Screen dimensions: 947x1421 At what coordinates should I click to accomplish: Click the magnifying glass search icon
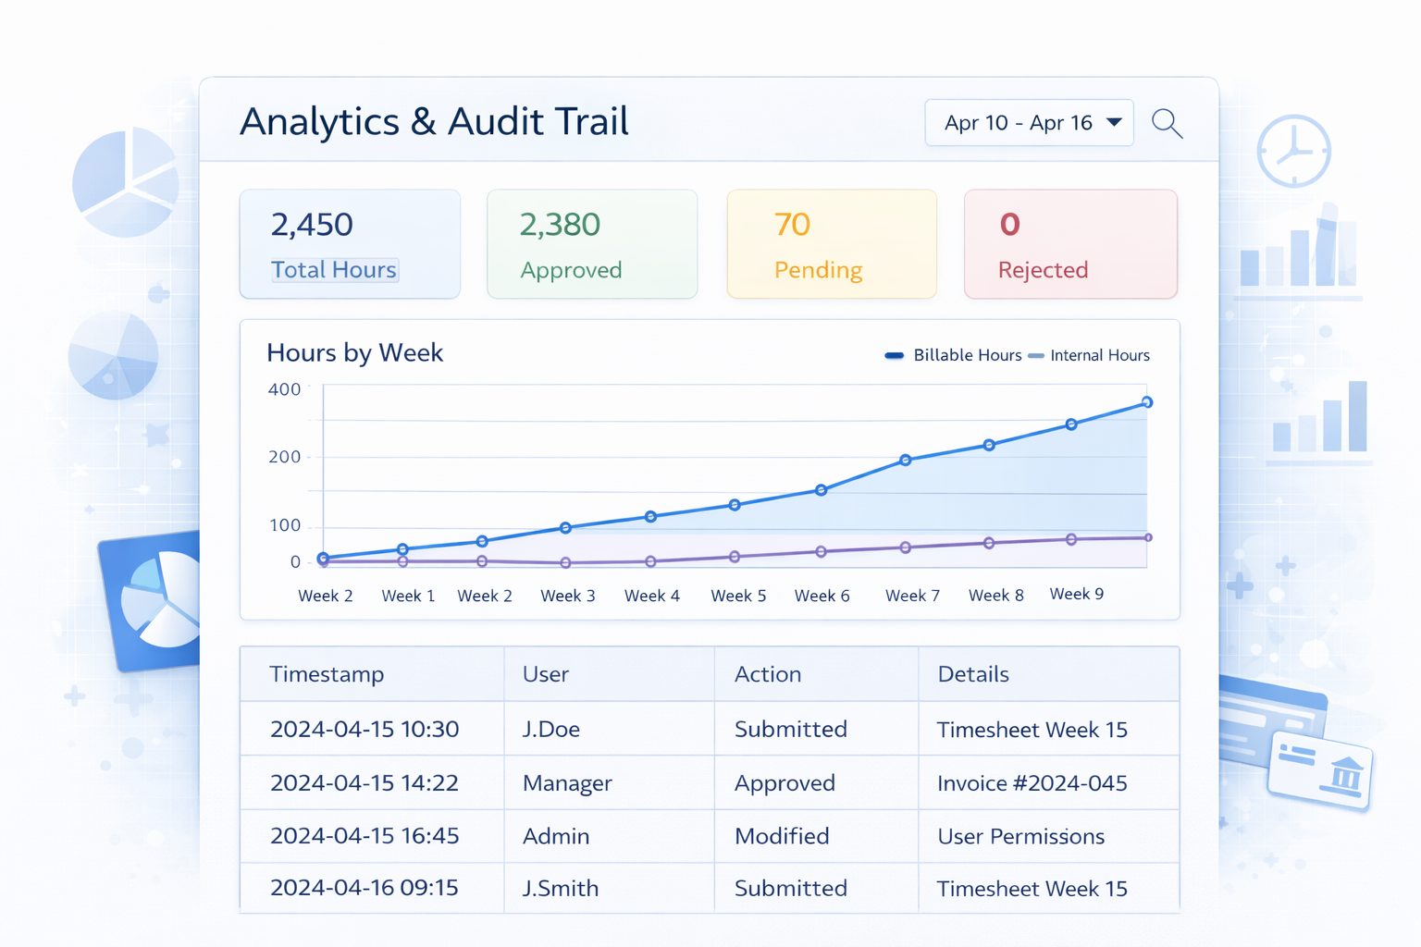click(1167, 123)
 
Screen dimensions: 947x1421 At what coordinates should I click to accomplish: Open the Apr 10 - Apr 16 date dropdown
click(1029, 123)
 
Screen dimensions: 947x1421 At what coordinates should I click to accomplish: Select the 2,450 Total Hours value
click(312, 225)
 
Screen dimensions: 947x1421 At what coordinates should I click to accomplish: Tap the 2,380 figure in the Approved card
click(560, 225)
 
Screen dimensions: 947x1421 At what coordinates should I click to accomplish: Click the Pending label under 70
click(818, 270)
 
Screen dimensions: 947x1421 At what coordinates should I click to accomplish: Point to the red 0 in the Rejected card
click(1009, 225)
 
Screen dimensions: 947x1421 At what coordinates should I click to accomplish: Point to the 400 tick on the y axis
click(284, 389)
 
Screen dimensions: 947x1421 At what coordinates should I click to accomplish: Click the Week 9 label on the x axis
click(1076, 594)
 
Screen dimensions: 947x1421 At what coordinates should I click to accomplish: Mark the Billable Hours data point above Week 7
click(906, 460)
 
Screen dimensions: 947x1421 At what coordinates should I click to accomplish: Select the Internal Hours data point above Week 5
click(735, 557)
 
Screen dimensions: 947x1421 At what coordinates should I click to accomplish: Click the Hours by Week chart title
click(354, 353)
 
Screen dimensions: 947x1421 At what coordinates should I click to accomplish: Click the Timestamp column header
click(327, 674)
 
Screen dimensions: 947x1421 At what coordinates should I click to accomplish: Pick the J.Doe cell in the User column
click(550, 730)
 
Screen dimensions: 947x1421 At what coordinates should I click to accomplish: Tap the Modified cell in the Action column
click(782, 836)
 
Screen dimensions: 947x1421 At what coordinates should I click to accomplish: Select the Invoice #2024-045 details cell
click(1032, 783)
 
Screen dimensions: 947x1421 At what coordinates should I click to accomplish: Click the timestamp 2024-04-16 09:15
click(364, 888)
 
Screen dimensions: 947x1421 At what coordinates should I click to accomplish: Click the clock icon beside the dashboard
click(1293, 151)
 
